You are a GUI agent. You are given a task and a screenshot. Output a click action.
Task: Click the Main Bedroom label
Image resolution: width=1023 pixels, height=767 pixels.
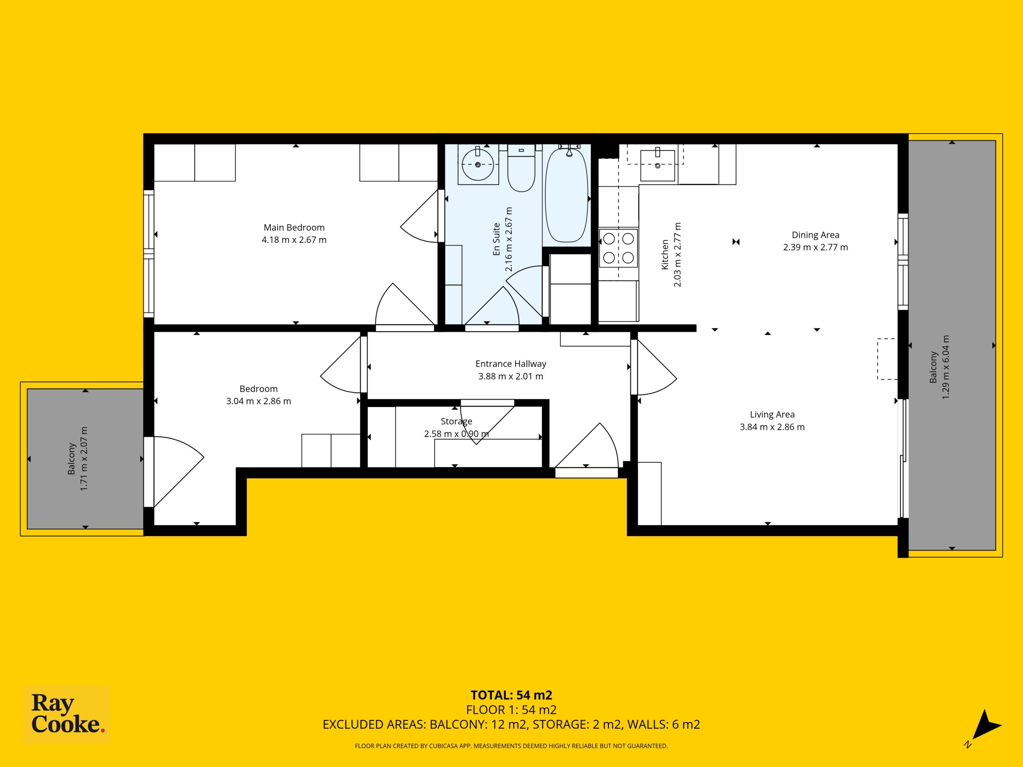coord(294,227)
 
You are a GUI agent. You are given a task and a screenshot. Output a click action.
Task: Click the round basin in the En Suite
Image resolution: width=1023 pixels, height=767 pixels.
coord(478,164)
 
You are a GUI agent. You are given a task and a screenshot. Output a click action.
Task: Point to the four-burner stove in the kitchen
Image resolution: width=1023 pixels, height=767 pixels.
coord(618,248)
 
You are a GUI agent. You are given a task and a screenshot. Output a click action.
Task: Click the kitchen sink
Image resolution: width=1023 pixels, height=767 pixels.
coord(657,165)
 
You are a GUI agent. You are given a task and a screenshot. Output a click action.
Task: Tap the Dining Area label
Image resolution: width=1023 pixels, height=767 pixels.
coord(815,235)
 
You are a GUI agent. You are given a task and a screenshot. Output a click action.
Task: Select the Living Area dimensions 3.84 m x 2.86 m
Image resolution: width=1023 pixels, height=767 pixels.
coord(772,427)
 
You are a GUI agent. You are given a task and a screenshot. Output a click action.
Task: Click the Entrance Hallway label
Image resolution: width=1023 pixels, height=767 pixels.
coord(511,364)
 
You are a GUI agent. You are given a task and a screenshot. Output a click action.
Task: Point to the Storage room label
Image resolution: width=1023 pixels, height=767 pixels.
coord(456,421)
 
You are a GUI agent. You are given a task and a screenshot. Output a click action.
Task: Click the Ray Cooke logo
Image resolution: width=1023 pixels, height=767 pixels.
coord(67,714)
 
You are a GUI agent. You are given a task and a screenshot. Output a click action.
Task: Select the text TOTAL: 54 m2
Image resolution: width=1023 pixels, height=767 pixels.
coord(511,695)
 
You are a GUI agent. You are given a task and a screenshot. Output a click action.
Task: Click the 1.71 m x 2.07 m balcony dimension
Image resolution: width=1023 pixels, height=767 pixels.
coord(84,459)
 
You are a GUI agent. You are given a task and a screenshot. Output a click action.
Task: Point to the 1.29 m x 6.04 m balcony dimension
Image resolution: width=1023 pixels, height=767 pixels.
coord(946,367)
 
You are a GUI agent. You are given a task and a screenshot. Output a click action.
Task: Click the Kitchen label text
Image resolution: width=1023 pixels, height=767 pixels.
coord(665,254)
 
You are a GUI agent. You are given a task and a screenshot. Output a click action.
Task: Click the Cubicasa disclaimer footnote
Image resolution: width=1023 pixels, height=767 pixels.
coord(511,746)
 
